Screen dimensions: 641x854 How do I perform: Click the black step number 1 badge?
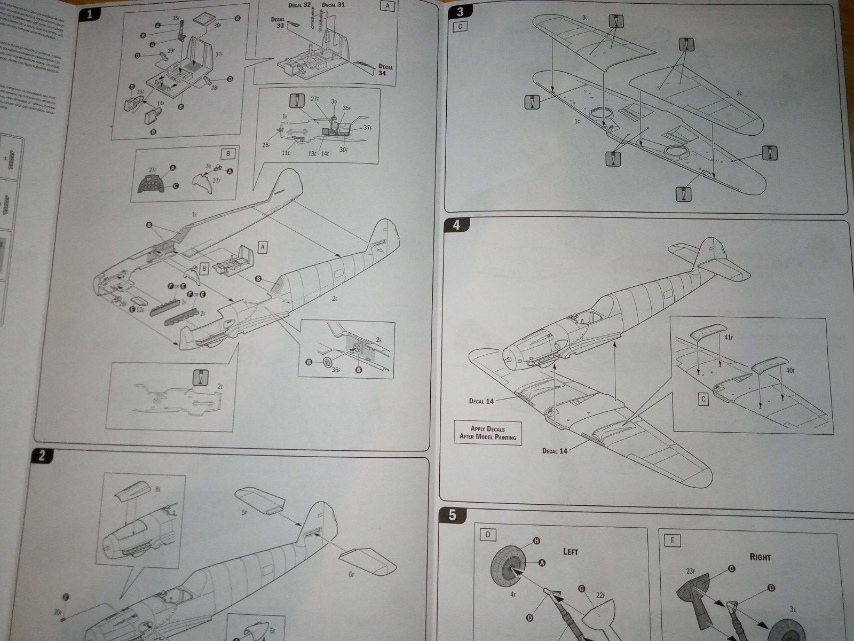coord(90,14)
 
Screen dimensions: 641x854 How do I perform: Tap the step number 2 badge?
coord(42,456)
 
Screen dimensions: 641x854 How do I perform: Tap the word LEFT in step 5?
coord(570,551)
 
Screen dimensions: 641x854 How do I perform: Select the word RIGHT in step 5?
coord(760,557)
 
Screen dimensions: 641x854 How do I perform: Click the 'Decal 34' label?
coord(385,70)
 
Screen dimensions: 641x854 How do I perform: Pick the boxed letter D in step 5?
coord(488,535)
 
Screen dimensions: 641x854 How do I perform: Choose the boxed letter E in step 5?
coord(672,540)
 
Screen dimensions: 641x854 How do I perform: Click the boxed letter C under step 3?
coord(460,26)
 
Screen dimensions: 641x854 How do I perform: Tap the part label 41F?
coord(730,337)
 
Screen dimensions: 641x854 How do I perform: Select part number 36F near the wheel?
coord(336,369)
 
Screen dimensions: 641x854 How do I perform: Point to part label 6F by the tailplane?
coord(351,574)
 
